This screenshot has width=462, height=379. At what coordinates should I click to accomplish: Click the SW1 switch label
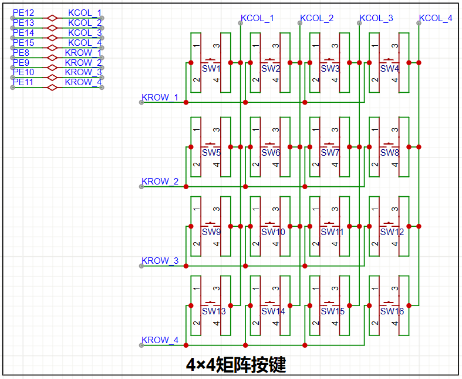(211, 68)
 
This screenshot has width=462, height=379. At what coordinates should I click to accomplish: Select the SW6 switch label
(271, 153)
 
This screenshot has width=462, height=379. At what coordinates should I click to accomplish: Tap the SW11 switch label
(332, 232)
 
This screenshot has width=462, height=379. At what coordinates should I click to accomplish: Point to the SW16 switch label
(392, 311)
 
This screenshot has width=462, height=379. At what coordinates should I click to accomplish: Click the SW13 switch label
(214, 311)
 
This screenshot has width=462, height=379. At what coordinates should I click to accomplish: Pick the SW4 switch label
(390, 68)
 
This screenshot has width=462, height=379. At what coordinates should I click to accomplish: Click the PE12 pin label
(23, 13)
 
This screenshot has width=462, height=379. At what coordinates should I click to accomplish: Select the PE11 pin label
(23, 82)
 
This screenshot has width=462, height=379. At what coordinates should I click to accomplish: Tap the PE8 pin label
(21, 52)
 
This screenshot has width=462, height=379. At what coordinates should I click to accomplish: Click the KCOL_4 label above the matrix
(436, 18)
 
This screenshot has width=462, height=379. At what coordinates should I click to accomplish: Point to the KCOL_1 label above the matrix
(257, 18)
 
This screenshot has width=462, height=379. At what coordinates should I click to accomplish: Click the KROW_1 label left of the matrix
(160, 97)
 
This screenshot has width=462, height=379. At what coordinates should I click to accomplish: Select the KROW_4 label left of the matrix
(160, 340)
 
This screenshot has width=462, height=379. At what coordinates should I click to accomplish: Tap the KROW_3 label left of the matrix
(160, 260)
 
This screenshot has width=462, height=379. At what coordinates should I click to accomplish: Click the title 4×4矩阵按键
(236, 365)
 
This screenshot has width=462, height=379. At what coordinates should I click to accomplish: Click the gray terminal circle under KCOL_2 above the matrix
(300, 23)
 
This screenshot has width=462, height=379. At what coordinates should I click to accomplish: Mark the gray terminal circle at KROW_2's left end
(141, 187)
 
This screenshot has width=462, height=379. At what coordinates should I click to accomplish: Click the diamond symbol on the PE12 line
(52, 18)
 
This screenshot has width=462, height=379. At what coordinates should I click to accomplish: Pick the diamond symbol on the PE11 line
(52, 88)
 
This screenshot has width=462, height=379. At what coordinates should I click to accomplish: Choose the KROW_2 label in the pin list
(83, 62)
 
